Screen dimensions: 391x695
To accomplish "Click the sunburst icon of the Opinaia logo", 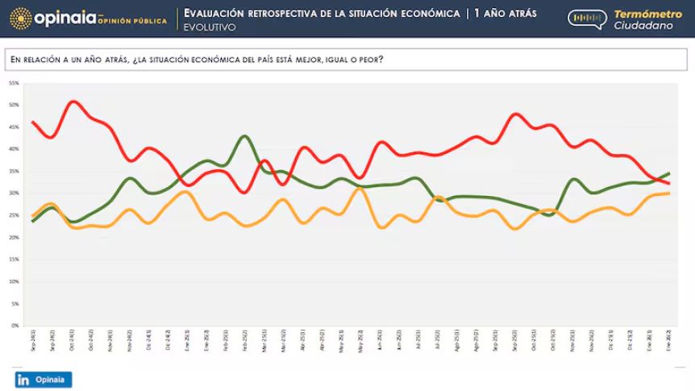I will click(x=21, y=18).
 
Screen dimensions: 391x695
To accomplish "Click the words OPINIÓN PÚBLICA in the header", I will click(x=132, y=21).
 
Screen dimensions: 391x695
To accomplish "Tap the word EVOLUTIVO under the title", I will click(x=210, y=27).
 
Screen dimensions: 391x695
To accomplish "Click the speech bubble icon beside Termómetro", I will click(x=587, y=19).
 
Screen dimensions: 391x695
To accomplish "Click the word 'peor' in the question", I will click(x=370, y=59).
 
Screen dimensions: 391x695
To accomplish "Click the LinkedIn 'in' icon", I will click(x=24, y=380).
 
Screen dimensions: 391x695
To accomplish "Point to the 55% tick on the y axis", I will click(x=14, y=83).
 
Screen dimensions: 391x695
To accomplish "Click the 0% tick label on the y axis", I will click(x=15, y=326).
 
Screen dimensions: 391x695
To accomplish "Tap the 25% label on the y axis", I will click(x=14, y=215).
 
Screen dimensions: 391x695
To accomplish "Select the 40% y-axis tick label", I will click(x=14, y=149).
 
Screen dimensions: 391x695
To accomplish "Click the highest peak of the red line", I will click(x=73, y=102).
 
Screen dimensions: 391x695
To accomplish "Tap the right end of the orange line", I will click(x=669, y=193).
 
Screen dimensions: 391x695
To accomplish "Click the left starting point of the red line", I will click(x=33, y=122).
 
